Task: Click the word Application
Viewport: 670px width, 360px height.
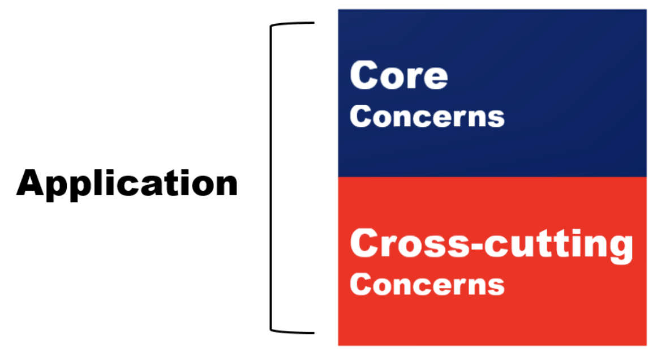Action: pos(127,184)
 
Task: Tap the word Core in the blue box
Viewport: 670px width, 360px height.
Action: pos(399,75)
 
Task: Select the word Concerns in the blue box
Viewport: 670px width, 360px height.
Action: pos(427,116)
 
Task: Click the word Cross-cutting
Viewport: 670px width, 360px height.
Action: pos(491,244)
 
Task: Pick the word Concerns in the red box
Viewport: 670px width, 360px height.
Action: pos(427,284)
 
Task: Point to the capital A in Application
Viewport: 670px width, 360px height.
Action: pos(31,183)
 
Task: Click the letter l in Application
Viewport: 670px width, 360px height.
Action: pos(102,182)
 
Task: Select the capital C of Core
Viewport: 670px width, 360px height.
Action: pos(363,75)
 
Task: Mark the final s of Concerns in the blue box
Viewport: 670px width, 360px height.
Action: pos(496,118)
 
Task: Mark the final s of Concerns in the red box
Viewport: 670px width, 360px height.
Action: pos(496,286)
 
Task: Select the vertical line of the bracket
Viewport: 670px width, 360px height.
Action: pos(271,177)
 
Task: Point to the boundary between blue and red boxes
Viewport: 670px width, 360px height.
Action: pos(492,177)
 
